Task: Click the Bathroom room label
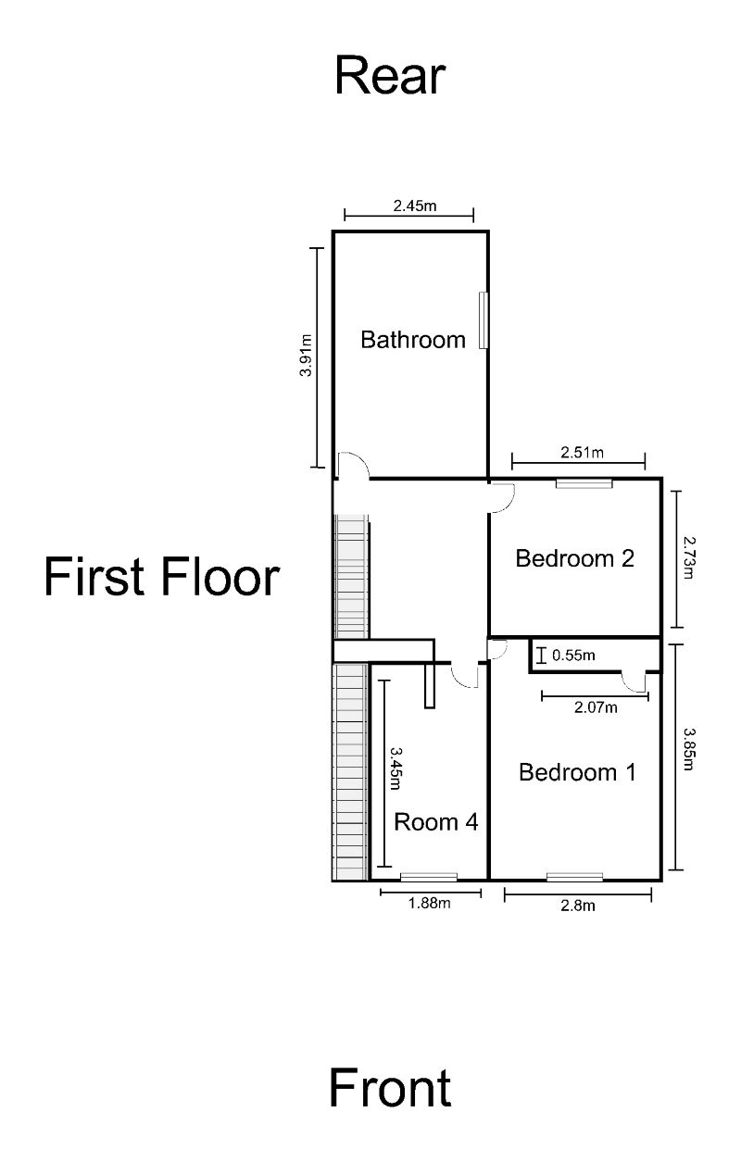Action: tap(412, 340)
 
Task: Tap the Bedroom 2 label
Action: tap(574, 558)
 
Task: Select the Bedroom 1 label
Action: tap(577, 772)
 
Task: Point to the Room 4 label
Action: tap(436, 821)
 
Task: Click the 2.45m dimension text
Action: tap(414, 206)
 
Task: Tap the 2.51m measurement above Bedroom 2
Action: tap(582, 453)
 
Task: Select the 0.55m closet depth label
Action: tap(572, 656)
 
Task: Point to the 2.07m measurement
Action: tap(595, 708)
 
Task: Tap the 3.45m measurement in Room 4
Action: tap(396, 769)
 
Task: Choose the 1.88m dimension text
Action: tap(429, 904)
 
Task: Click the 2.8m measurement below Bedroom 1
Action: tap(578, 906)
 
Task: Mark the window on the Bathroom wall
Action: tap(483, 320)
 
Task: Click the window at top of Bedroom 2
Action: tap(584, 482)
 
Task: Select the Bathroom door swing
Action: tap(351, 465)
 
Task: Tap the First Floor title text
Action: tap(161, 577)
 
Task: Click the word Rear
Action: tap(390, 76)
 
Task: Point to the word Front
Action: tap(390, 1088)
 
